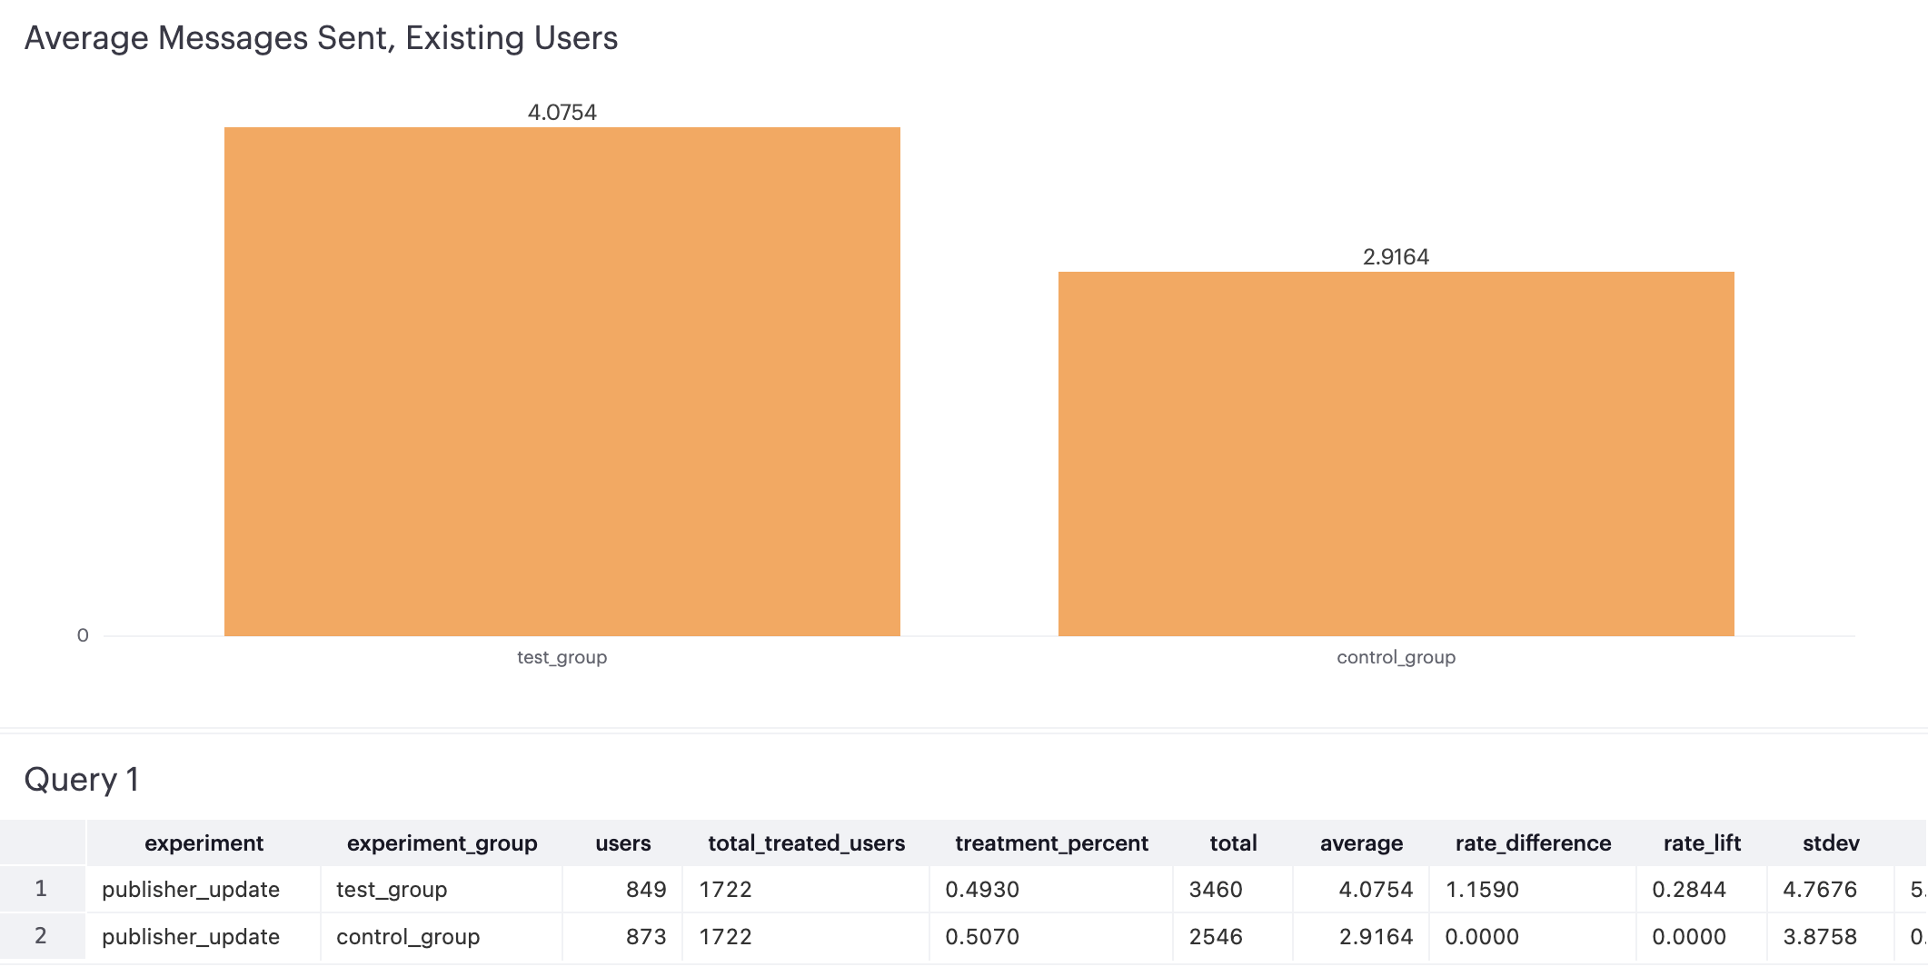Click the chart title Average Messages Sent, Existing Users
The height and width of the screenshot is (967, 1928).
(x=321, y=38)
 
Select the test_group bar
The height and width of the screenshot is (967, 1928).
(x=562, y=382)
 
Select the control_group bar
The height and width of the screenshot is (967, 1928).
(x=1396, y=454)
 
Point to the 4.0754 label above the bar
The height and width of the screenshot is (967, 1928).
(x=562, y=113)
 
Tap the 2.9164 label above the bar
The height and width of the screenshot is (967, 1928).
(x=1396, y=257)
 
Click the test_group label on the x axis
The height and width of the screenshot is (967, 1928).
(x=562, y=657)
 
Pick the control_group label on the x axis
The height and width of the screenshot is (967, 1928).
(x=1396, y=657)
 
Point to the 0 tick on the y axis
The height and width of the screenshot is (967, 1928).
(x=83, y=635)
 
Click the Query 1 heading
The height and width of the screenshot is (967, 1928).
(x=82, y=780)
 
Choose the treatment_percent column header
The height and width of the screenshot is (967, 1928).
(x=1051, y=843)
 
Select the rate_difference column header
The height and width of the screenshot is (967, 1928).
(x=1533, y=843)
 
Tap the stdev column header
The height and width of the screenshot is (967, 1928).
(x=1831, y=843)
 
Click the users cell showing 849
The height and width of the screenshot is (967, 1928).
(x=646, y=890)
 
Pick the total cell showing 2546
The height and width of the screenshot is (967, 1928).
(x=1216, y=937)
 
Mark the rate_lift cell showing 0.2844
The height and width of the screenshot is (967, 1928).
(x=1688, y=890)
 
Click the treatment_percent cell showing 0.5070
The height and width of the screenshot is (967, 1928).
(x=982, y=937)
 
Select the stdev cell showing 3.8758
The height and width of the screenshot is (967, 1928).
(x=1819, y=937)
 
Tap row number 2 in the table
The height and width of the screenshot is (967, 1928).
(x=41, y=936)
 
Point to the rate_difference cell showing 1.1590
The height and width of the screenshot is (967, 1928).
(x=1482, y=890)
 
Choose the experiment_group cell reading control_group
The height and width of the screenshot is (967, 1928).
(x=408, y=937)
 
